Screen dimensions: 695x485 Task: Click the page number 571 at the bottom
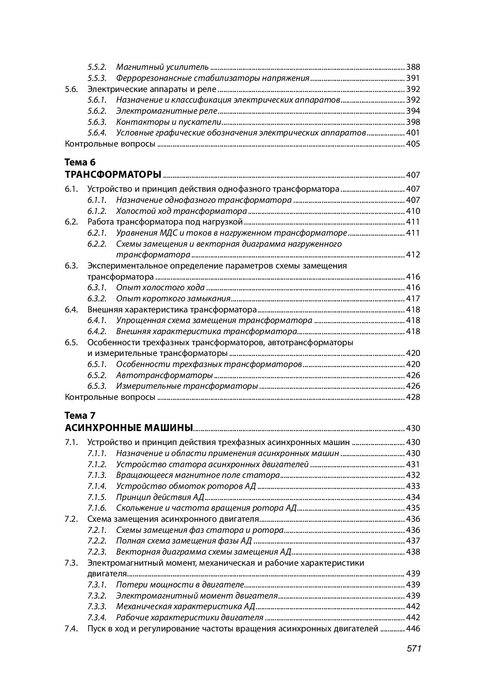(414, 649)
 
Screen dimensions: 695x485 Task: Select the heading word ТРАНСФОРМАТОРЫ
(113, 175)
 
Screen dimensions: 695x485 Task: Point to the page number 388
(413, 67)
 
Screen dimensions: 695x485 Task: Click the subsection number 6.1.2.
(97, 211)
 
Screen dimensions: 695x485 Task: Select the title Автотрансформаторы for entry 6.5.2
(164, 375)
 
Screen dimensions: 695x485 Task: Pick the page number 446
(413, 628)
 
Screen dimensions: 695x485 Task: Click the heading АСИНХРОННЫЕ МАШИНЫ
(129, 428)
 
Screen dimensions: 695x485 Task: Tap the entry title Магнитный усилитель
(162, 67)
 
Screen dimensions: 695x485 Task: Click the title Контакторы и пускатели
(169, 122)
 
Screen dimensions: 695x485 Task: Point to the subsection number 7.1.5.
(97, 497)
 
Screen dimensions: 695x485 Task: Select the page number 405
(413, 144)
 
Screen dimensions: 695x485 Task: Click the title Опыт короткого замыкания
(173, 298)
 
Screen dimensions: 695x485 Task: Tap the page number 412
(413, 255)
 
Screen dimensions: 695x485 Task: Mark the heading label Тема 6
(80, 162)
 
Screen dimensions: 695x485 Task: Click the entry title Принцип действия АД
(160, 497)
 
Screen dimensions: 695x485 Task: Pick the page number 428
(413, 397)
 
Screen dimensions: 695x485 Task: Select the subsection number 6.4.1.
(97, 320)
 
